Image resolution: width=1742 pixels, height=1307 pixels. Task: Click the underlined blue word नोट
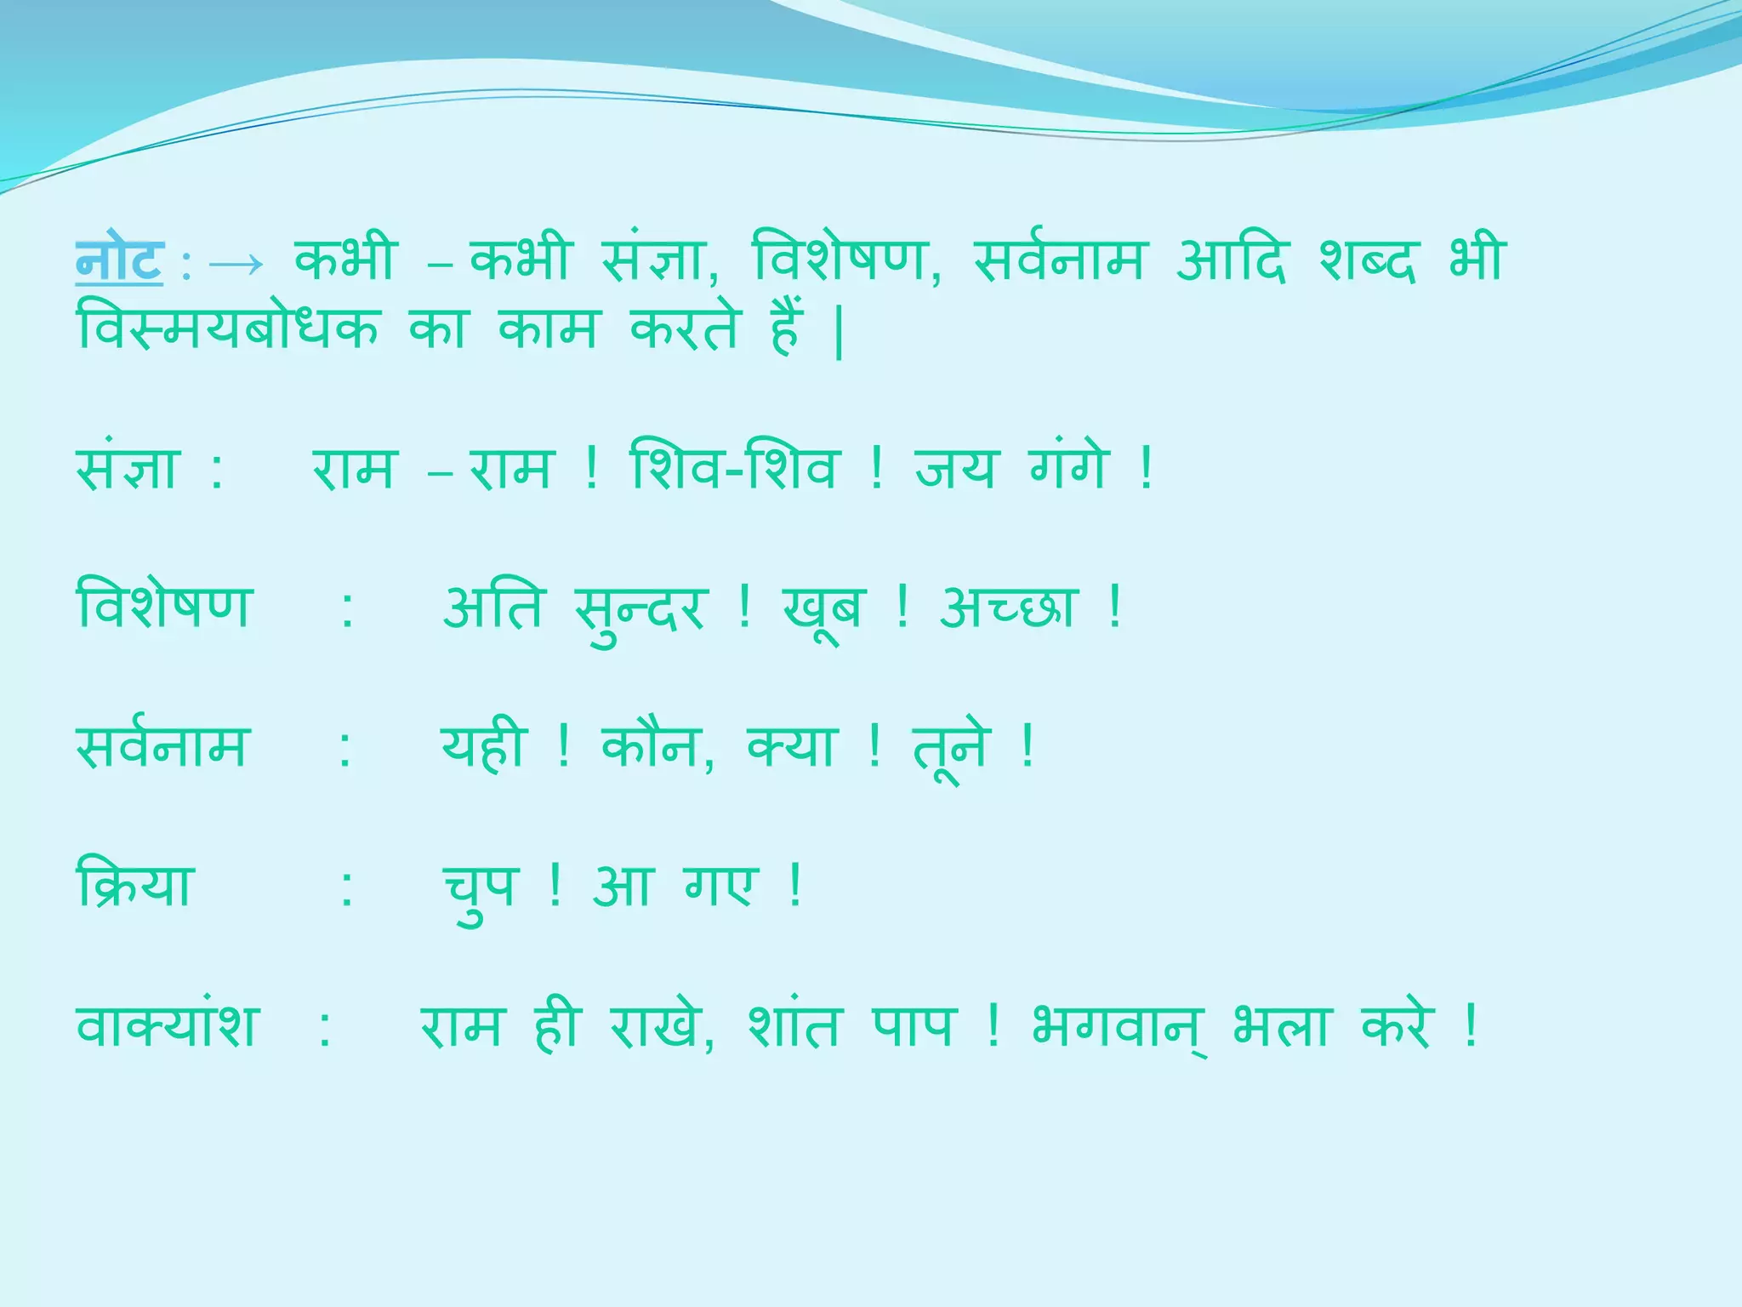pos(119,260)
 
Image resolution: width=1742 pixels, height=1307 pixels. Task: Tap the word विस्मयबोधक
pos(227,328)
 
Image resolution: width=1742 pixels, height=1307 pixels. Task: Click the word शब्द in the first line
pos(1368,259)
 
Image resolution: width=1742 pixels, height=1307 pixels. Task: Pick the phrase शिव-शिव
pos(733,468)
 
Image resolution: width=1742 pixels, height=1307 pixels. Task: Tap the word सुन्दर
pos(640,609)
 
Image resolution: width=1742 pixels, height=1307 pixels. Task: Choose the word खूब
pos(823,609)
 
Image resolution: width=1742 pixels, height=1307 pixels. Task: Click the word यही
pos(483,746)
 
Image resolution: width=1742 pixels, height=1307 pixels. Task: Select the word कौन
pos(652,746)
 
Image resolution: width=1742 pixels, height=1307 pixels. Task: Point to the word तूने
pos(952,749)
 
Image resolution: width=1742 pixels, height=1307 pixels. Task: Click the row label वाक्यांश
pos(167,1025)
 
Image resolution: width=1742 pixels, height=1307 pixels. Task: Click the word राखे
pos(658,1025)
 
